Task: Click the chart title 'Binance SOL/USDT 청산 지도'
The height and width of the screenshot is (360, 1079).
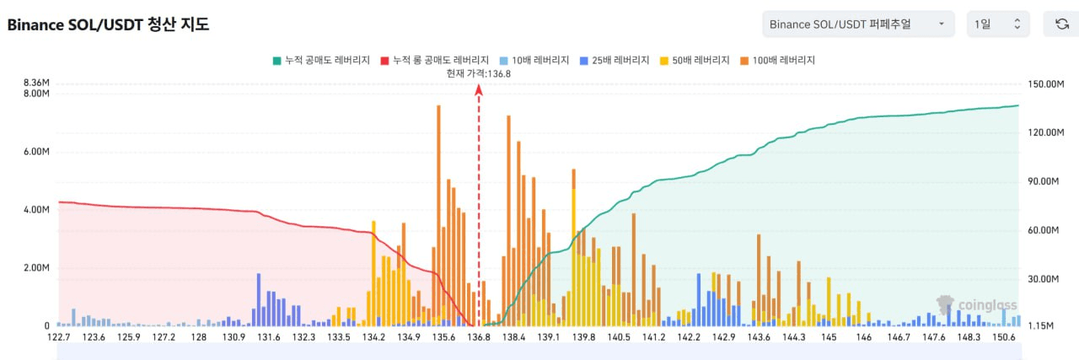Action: pos(108,24)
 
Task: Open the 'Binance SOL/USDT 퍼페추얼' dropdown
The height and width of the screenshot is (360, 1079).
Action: pos(857,24)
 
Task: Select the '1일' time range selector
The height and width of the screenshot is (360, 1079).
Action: pos(998,24)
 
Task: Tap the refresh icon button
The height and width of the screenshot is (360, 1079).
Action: pos(1061,24)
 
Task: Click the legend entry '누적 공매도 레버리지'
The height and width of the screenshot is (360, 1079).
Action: pos(321,60)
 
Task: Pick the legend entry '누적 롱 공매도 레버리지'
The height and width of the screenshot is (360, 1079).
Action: pos(435,60)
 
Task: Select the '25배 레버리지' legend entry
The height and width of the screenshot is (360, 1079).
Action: pos(615,60)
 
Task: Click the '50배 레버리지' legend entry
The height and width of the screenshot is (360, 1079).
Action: pos(696,60)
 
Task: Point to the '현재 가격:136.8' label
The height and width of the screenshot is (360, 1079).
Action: pos(479,73)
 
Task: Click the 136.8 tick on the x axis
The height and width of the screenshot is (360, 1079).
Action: pos(478,337)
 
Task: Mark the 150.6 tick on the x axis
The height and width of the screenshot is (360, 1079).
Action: pos(1004,337)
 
